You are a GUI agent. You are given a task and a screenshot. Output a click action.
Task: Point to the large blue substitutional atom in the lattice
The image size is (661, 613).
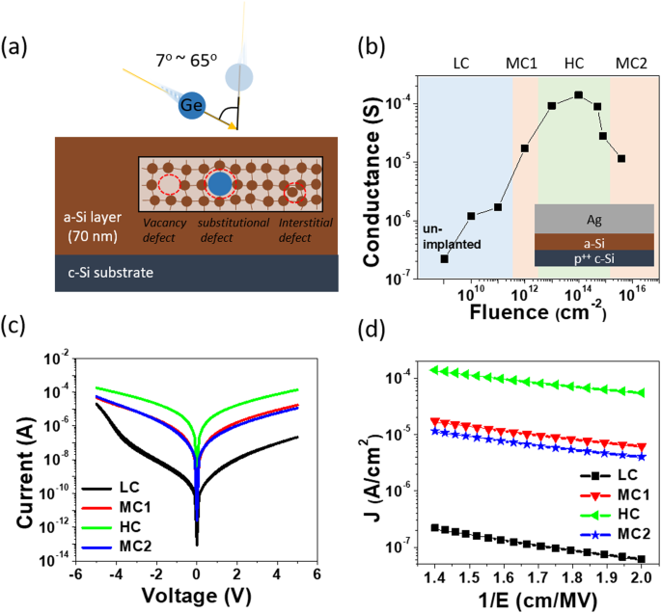click(x=220, y=184)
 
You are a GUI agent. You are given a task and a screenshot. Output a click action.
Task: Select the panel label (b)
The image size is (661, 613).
click(x=374, y=45)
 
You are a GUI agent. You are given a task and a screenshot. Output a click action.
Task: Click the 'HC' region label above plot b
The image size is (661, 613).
click(x=573, y=62)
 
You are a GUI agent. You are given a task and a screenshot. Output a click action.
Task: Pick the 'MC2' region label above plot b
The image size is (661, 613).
click(x=631, y=62)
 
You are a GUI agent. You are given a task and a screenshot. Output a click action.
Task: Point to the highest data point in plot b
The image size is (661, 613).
click(x=578, y=94)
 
